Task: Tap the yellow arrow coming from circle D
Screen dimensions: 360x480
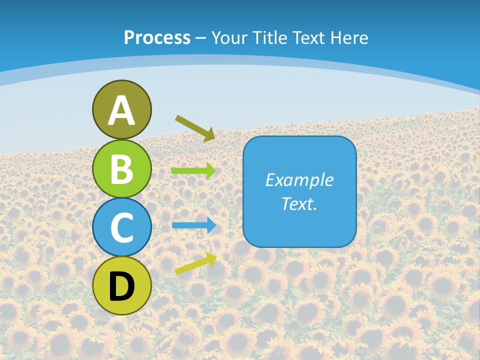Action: [x=195, y=263]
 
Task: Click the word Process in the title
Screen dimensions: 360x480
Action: [x=157, y=37]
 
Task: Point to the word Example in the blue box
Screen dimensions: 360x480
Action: [x=299, y=180]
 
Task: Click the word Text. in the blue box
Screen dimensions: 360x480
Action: [x=299, y=203]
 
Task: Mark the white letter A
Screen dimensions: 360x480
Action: [x=121, y=110]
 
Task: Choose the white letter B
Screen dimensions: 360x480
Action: [x=121, y=169]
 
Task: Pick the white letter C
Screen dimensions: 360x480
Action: [x=121, y=227]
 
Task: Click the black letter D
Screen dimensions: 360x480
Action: [x=121, y=286]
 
